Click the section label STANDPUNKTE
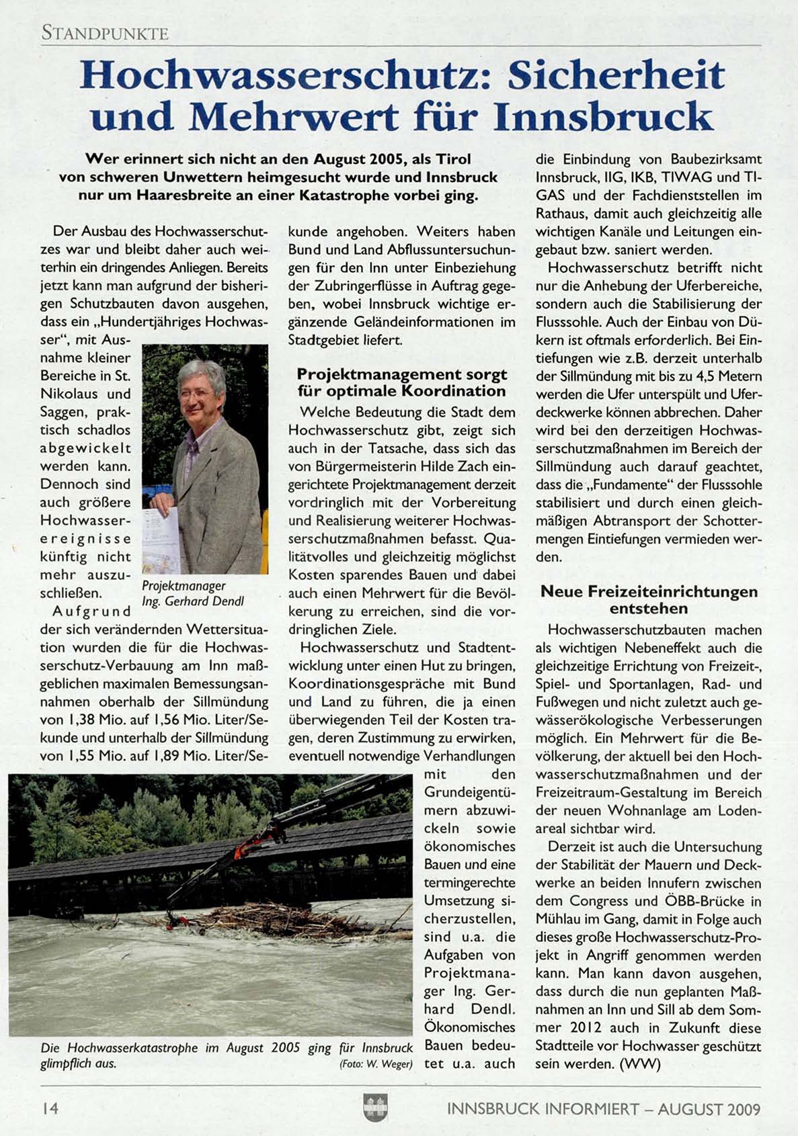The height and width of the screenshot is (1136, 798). pyautogui.click(x=105, y=32)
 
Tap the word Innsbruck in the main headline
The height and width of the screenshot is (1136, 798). pyautogui.click(x=603, y=117)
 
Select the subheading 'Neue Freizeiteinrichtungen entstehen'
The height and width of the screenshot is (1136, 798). pyautogui.click(x=649, y=600)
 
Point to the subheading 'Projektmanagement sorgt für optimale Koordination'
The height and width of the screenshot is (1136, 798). pyautogui.click(x=401, y=382)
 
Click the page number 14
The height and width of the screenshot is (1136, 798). pyautogui.click(x=50, y=1108)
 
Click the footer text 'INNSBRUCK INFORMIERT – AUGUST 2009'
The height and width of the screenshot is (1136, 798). pyautogui.click(x=603, y=1108)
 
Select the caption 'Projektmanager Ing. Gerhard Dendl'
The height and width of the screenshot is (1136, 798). pyautogui.click(x=192, y=593)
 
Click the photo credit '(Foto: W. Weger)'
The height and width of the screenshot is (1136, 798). pyautogui.click(x=376, y=1064)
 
